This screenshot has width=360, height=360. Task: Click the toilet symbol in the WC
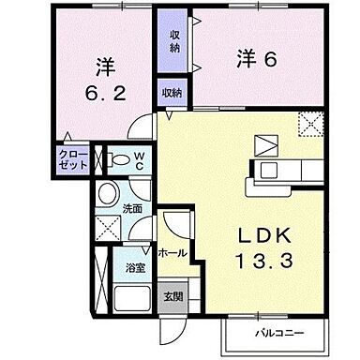[114, 158]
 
